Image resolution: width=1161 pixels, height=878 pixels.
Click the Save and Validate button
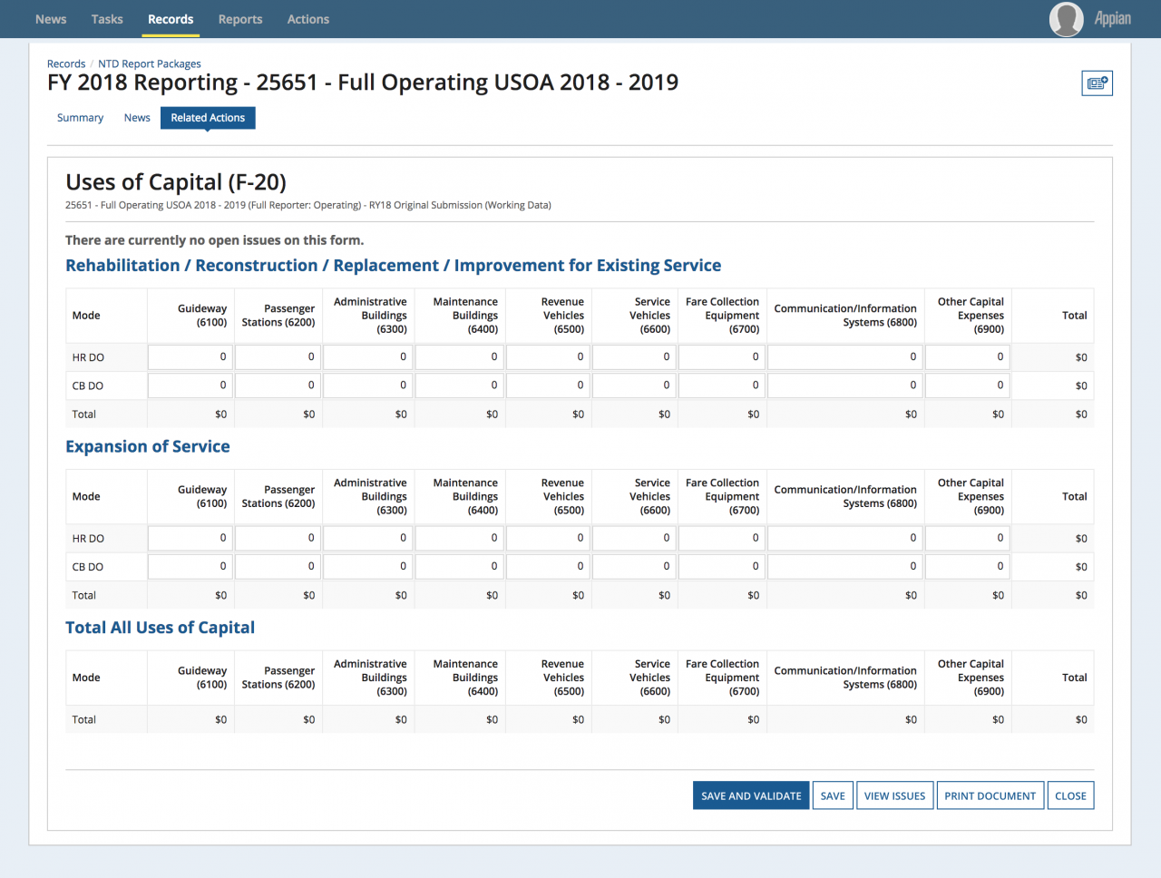[x=750, y=795]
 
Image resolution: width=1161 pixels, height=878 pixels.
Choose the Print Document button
[x=990, y=795]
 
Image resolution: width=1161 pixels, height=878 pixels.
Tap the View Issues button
[x=894, y=795]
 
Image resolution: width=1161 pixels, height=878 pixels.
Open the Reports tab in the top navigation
[x=240, y=19]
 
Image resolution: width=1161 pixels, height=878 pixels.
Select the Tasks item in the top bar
[x=107, y=19]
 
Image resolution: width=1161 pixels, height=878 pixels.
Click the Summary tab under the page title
[x=80, y=117]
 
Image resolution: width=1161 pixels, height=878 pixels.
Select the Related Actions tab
[x=208, y=117]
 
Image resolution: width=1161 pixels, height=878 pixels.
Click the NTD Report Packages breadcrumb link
[x=149, y=63]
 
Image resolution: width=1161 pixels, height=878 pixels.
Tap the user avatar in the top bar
[x=1066, y=19]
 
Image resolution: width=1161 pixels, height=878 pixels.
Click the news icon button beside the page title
[x=1097, y=83]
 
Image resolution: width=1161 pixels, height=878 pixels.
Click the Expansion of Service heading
[x=148, y=446]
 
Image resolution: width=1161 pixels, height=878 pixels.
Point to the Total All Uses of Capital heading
[x=160, y=628]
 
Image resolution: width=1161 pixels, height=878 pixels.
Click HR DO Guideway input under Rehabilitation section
[x=190, y=357]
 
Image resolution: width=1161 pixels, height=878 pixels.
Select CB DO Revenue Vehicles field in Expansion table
[x=548, y=567]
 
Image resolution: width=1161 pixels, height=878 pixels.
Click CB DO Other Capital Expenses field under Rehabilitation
[x=968, y=385]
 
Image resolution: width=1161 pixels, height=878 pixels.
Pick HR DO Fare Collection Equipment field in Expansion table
[x=722, y=538]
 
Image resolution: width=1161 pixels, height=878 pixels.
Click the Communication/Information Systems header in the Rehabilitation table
[x=845, y=316]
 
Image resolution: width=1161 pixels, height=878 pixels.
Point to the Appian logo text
[x=1112, y=19]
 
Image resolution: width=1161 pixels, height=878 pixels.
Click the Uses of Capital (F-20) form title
[x=176, y=182]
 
